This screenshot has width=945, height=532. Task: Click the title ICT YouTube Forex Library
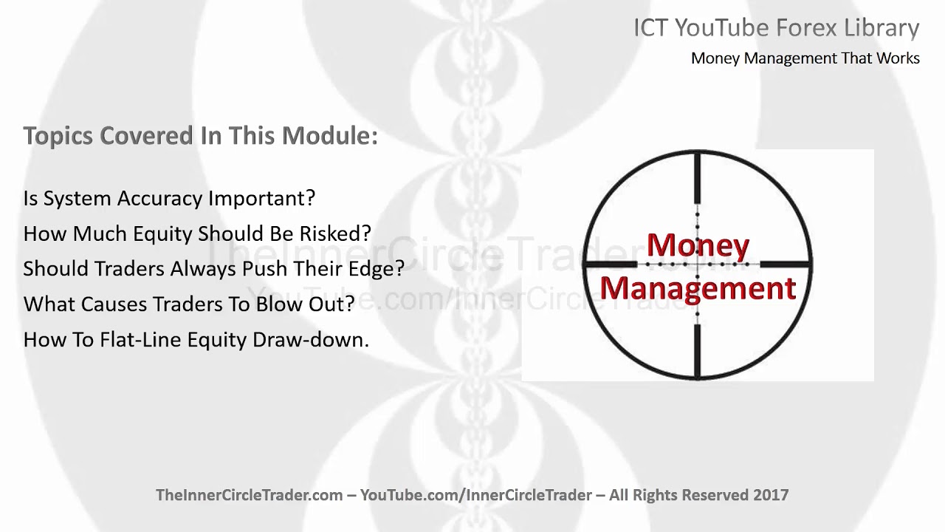(776, 28)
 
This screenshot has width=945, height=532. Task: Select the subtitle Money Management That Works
(805, 58)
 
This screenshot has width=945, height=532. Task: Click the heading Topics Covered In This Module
(200, 136)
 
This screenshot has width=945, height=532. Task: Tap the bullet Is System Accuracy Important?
(169, 198)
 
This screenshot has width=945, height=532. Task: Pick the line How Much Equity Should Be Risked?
(197, 233)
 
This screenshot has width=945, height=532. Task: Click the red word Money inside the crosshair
(698, 245)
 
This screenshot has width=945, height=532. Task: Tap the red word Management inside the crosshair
(698, 287)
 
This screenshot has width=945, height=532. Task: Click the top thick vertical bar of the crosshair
(697, 179)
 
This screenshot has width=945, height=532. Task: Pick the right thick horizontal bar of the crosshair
(785, 264)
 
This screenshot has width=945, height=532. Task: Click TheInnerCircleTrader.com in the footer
(249, 495)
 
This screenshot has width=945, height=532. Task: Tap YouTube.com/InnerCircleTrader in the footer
(476, 495)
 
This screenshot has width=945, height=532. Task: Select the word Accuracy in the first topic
(157, 198)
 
